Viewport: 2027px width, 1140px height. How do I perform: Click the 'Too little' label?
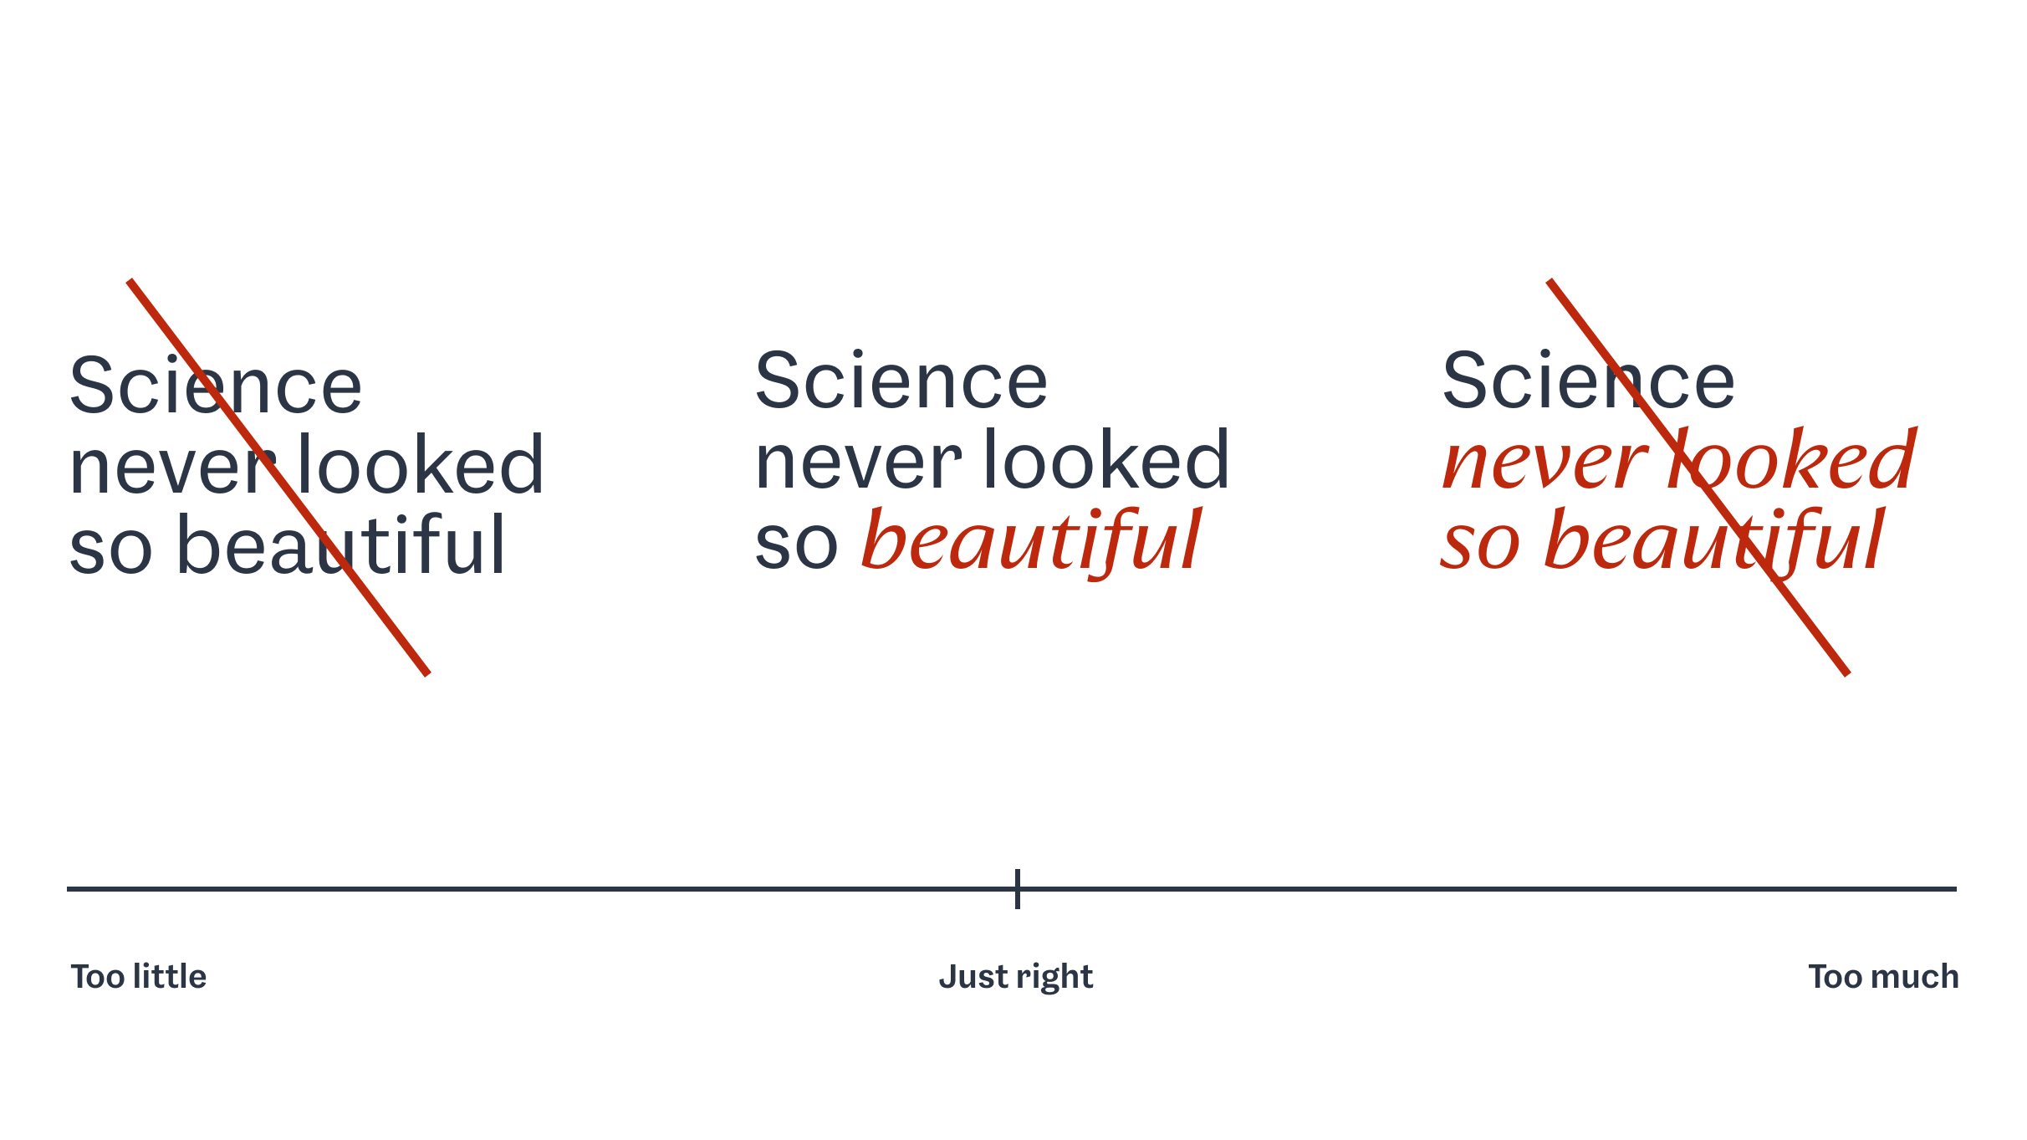tap(139, 976)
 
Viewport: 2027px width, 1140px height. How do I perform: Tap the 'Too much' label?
tap(1883, 976)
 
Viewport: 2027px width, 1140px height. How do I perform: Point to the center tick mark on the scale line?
tap(1017, 888)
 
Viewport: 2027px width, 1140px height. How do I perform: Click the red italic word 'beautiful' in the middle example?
tap(1031, 542)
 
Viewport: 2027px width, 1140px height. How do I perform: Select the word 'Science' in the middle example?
tap(901, 381)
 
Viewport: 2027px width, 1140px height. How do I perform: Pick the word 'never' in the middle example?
tap(858, 465)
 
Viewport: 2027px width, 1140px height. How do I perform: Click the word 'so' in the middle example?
tap(796, 545)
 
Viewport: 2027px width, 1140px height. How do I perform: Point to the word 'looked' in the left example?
tap(421, 464)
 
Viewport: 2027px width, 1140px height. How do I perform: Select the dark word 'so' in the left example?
tap(110, 550)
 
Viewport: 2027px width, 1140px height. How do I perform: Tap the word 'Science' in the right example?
tap(1588, 381)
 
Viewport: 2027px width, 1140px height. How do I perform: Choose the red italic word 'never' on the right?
tap(1545, 465)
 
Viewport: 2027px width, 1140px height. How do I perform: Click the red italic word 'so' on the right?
tap(1479, 545)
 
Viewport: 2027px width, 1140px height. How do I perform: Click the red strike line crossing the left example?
tap(278, 477)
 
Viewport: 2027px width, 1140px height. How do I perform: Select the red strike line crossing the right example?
tap(1698, 477)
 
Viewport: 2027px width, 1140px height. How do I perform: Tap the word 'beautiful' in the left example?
tap(341, 544)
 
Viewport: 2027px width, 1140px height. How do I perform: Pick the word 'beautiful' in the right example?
tap(1714, 542)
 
